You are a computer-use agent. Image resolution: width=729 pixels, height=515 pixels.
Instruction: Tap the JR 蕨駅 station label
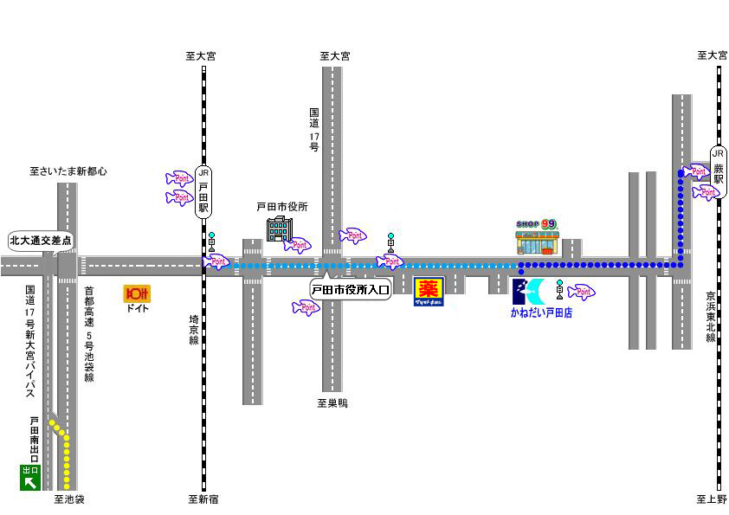coord(718,167)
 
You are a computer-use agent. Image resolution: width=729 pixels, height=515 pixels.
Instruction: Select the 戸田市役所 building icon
coord(278,230)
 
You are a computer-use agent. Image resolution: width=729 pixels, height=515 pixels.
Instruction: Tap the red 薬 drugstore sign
coord(429,290)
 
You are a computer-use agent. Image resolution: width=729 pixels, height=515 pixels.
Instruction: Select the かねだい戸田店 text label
coord(541,313)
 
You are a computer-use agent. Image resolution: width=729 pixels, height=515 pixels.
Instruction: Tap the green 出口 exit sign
coord(30,477)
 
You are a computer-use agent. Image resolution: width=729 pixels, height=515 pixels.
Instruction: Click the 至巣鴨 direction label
coord(332,403)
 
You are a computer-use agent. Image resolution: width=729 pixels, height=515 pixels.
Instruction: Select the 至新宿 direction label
coord(203,499)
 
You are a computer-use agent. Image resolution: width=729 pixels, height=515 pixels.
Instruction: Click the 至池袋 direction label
coord(68,499)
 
